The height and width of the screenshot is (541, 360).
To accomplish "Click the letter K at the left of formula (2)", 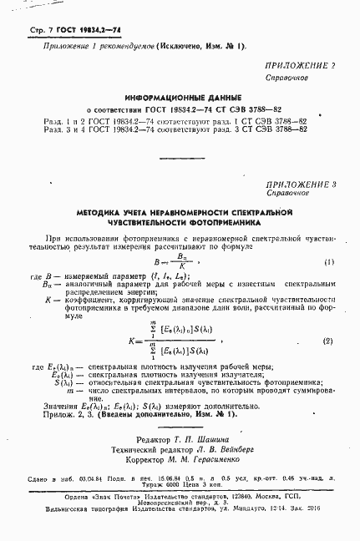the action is [x=134, y=341].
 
